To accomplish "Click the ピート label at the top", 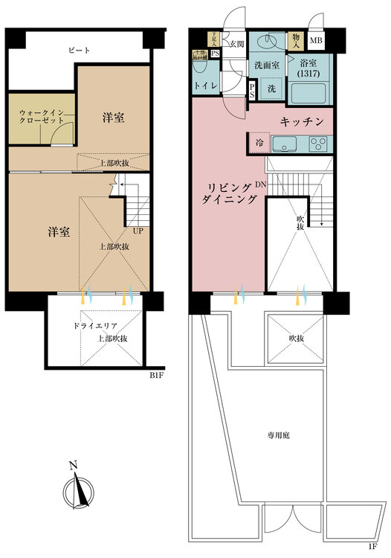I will (79, 51).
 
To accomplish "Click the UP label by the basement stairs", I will (138, 231).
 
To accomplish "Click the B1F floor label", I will (155, 376).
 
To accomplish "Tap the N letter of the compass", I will (72, 466).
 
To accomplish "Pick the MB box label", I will (316, 41).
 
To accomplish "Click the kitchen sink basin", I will (287, 143).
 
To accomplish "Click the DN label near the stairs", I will (260, 184).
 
